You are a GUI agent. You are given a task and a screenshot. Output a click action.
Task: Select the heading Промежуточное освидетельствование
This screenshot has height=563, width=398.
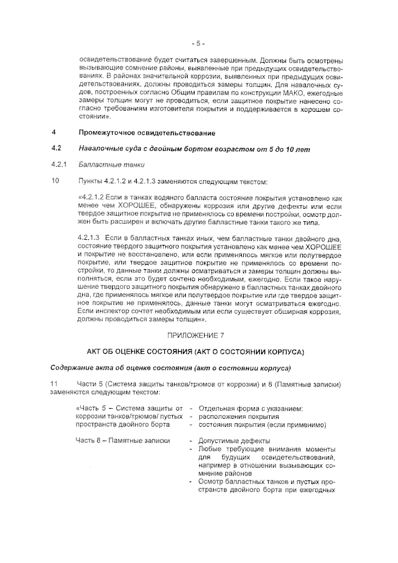[147, 133]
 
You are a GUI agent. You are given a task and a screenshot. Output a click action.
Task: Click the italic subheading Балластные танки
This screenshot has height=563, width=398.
[111, 165]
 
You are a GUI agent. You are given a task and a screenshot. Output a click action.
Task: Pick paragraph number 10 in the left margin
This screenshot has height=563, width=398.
[55, 181]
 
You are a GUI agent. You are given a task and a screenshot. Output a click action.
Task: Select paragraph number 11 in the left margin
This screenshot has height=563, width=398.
[55, 383]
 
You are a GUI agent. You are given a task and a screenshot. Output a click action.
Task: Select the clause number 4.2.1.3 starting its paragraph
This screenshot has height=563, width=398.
[90, 238]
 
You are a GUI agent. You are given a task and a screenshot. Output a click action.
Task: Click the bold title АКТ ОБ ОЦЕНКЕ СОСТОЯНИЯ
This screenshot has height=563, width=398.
[152, 352]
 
